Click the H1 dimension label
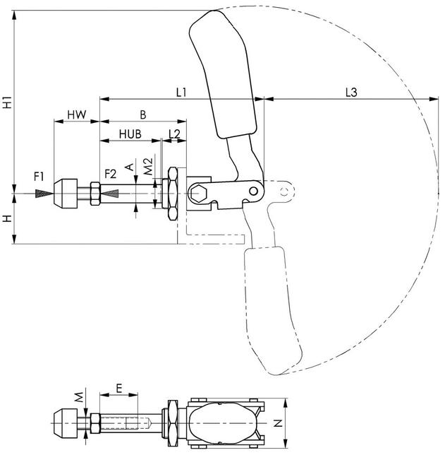7,102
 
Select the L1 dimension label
181,93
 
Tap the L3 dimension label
351,93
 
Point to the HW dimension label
77,115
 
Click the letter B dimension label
143,115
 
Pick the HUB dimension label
130,134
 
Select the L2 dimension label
174,134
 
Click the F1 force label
39,177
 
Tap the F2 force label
111,174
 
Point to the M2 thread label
148,167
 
